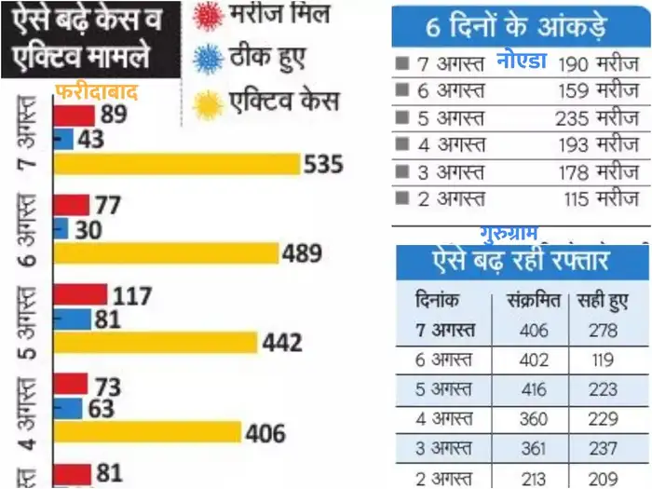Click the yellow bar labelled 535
[177, 164]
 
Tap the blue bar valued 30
[61, 229]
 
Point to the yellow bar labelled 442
[155, 343]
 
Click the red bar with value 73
[70, 384]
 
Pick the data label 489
[302, 253]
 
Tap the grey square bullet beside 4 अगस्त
[401, 145]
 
